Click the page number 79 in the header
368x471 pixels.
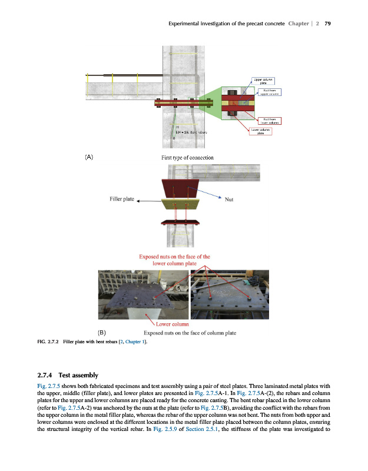point(327,24)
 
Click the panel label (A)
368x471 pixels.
point(88,157)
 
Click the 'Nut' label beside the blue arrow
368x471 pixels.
point(230,199)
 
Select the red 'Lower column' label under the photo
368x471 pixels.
point(172,324)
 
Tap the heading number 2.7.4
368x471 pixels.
point(45,374)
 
